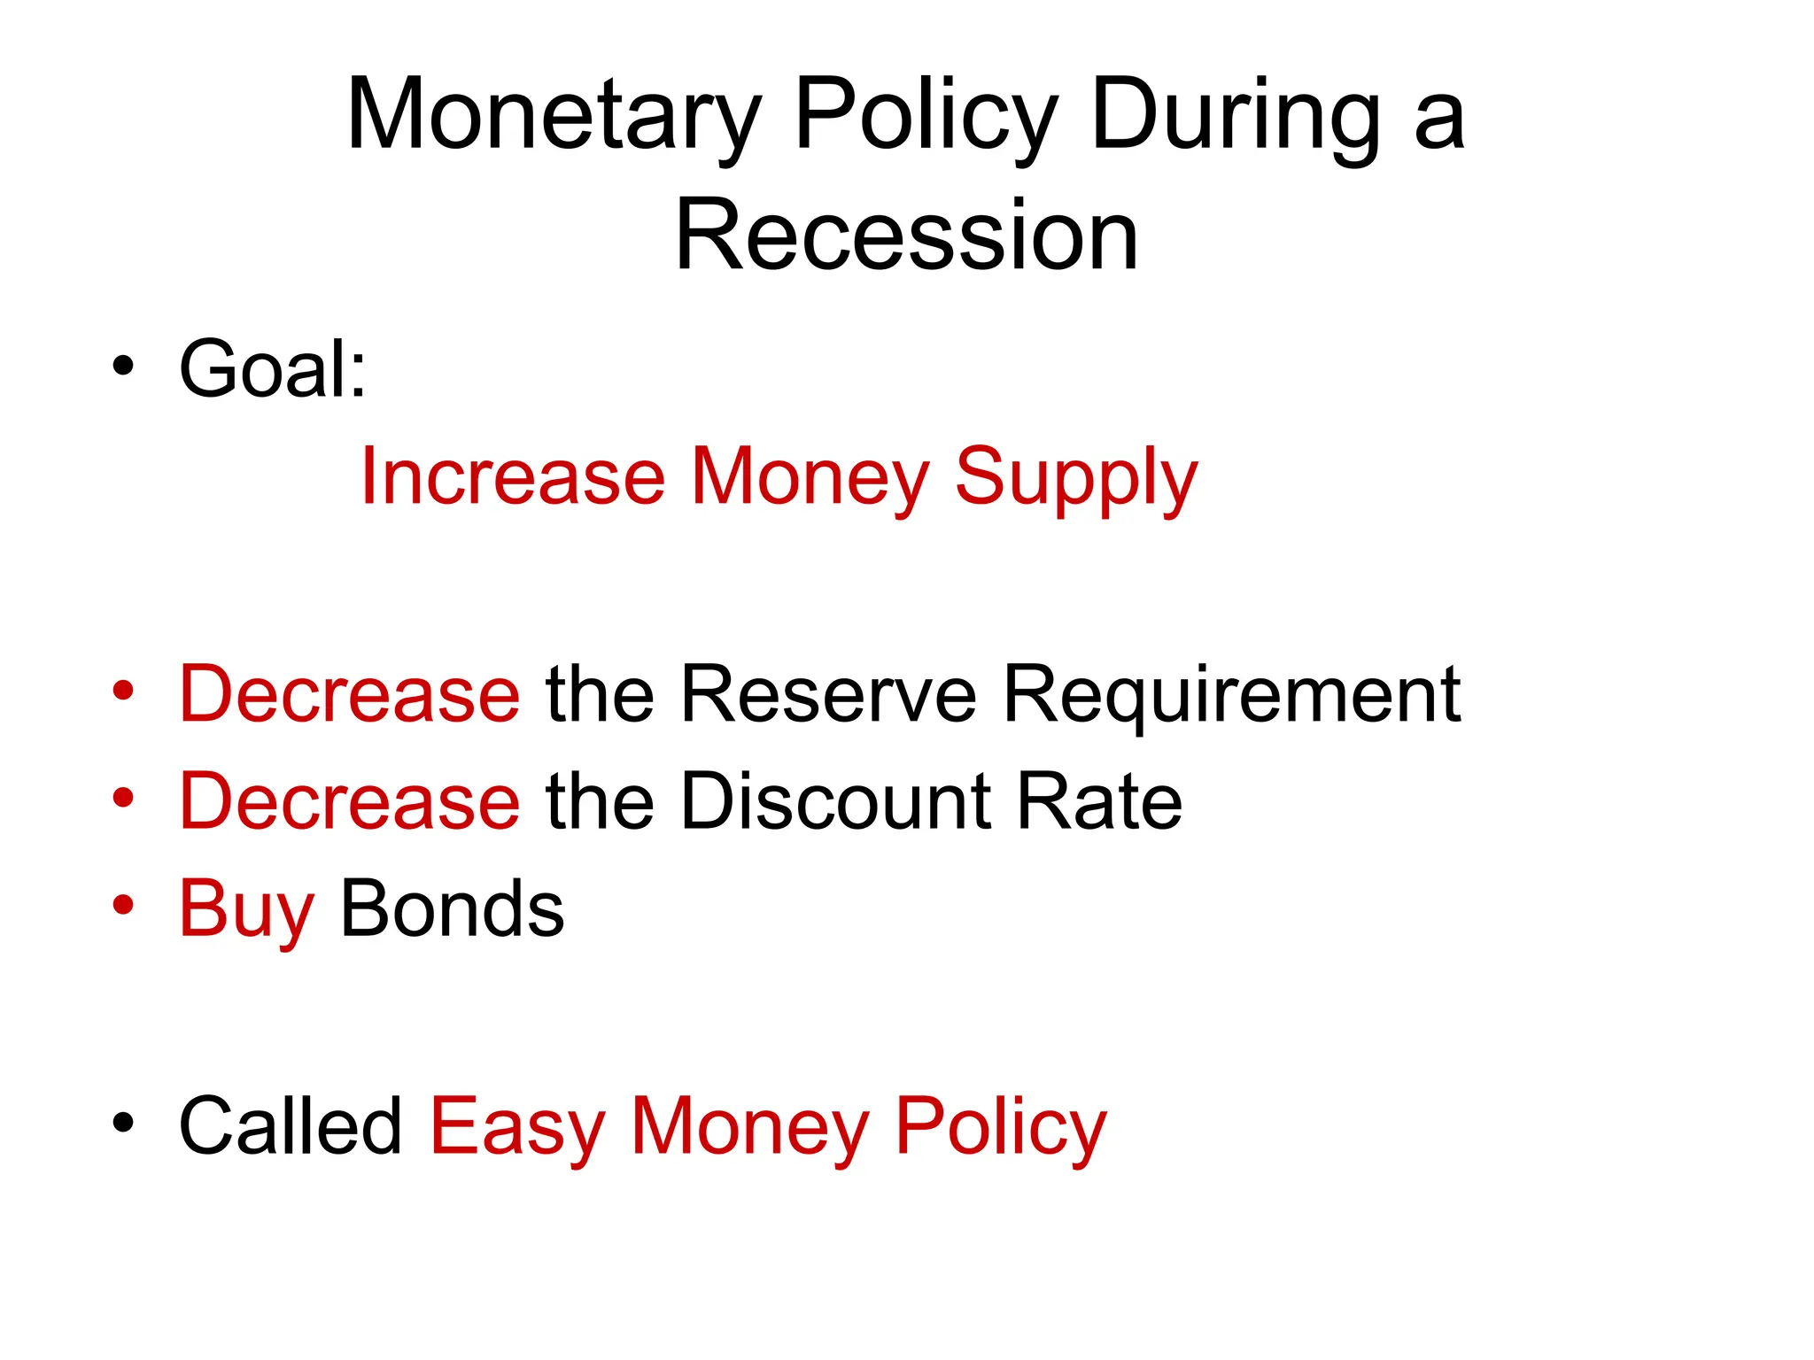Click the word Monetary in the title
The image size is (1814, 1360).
click(554, 116)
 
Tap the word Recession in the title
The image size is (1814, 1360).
click(906, 236)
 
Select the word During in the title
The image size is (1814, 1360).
click(1235, 116)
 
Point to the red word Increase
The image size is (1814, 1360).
click(513, 476)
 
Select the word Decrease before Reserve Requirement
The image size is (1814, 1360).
click(349, 694)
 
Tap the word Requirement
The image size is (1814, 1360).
click(1231, 696)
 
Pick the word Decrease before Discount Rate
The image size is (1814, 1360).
click(349, 801)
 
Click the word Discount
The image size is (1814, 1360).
click(836, 801)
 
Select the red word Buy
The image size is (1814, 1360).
click(246, 910)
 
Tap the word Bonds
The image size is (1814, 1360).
click(452, 909)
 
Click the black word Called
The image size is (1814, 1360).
click(291, 1126)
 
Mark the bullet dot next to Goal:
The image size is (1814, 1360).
click(123, 366)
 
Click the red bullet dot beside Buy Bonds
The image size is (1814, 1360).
click(123, 906)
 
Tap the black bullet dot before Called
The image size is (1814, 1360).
click(123, 1123)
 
